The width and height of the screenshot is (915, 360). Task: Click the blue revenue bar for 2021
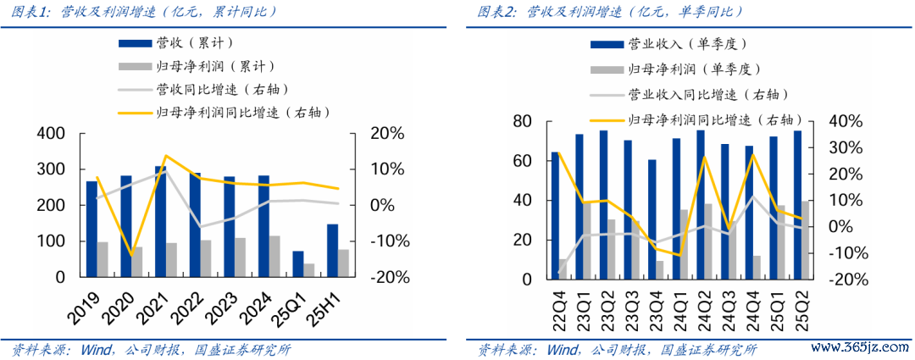point(160,221)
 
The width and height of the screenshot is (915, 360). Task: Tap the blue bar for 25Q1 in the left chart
point(297,264)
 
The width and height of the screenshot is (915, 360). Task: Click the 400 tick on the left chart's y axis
point(52,134)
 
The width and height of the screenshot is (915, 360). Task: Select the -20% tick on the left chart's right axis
point(386,277)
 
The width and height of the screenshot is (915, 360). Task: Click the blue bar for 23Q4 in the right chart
point(652,219)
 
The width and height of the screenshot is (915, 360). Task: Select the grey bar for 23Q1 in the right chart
point(586,241)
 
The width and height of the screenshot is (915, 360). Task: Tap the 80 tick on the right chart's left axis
point(522,122)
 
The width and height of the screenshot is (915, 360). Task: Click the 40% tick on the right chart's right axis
point(845,122)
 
